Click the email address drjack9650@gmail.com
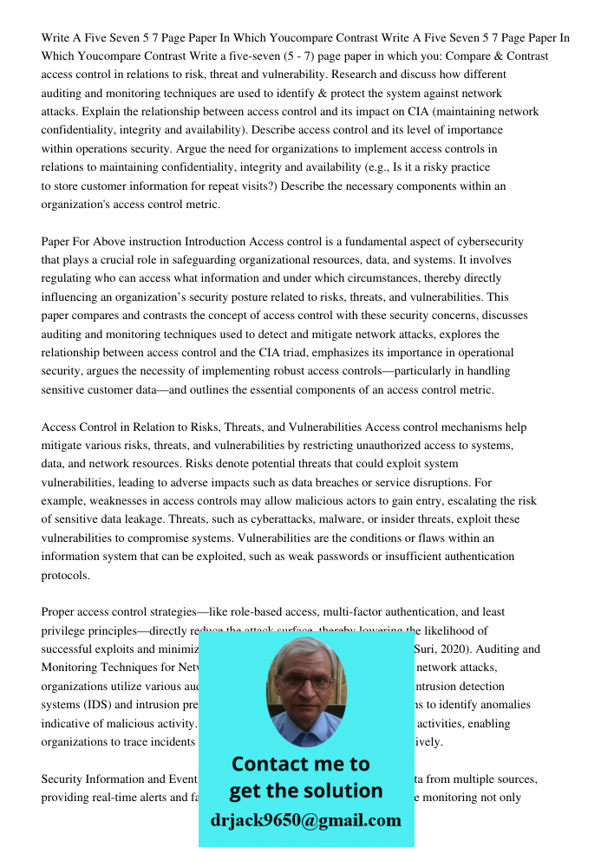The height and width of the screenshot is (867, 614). pos(305,820)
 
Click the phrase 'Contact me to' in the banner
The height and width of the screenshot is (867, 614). pos(300,764)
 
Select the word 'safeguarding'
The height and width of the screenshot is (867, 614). pos(206,260)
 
